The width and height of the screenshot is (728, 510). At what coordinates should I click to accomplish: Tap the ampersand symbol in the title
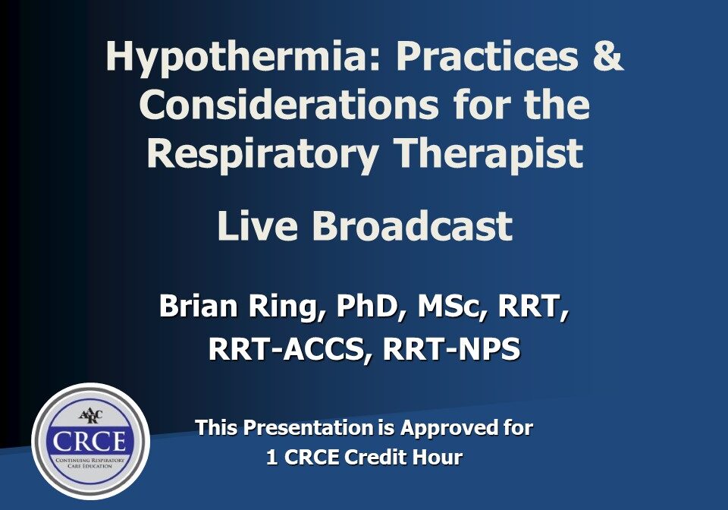pyautogui.click(x=604, y=57)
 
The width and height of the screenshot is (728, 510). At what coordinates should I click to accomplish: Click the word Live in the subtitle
pyautogui.click(x=258, y=226)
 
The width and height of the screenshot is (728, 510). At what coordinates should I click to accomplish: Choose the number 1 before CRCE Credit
pyautogui.click(x=271, y=458)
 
